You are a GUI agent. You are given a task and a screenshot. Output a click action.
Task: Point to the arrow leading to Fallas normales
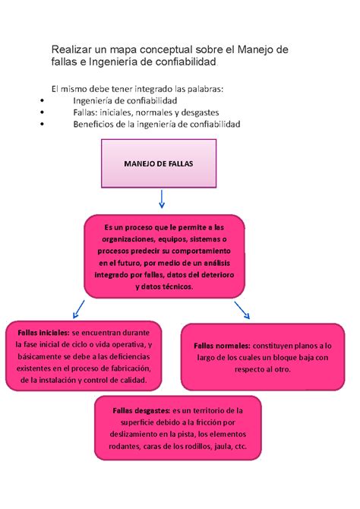coord(244,309)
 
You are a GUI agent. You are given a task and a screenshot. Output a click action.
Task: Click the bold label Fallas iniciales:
coord(38,333)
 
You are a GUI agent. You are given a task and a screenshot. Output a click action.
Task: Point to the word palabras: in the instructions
coord(203,89)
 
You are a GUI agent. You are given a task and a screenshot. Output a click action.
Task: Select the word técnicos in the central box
coord(175,287)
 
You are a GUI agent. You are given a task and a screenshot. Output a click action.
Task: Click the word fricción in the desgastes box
coord(203,422)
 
